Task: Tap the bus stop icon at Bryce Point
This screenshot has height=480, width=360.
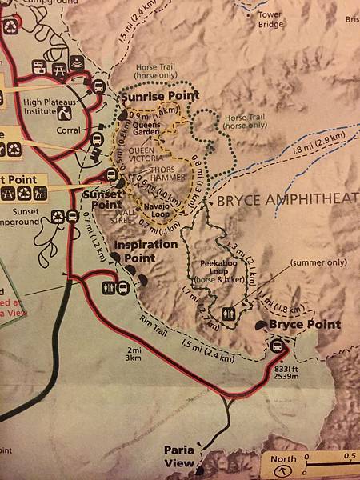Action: [x=278, y=346]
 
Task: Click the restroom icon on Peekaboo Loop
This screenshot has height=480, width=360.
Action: [x=231, y=314]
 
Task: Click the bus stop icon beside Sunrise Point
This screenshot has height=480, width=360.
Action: [x=98, y=86]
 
